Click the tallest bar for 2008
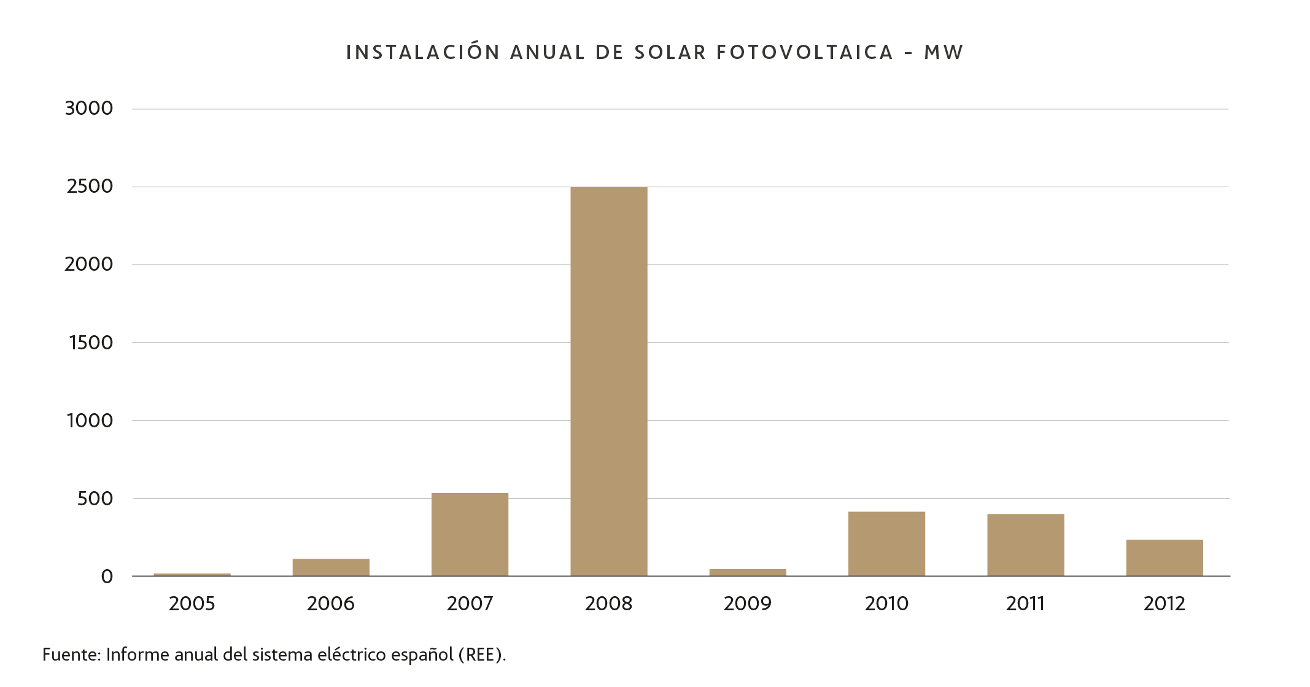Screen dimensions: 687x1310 (608, 381)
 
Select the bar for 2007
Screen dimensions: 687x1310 (470, 534)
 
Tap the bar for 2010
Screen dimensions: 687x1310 (886, 543)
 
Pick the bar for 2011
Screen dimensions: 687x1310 (1025, 545)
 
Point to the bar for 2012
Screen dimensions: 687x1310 (1164, 557)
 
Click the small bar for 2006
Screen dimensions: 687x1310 (331, 567)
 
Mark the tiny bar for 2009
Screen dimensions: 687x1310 (748, 573)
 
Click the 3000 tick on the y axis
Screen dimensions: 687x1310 (89, 109)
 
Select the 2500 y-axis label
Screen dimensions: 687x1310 (90, 187)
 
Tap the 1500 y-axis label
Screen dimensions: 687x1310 (91, 343)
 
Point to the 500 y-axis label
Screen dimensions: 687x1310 (95, 499)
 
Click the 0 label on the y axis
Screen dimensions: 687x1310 (107, 576)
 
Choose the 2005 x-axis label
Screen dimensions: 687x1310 (192, 604)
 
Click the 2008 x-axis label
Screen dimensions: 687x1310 (608, 604)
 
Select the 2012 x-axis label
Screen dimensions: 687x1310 (1164, 604)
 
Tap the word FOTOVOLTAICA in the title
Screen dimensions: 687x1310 (805, 53)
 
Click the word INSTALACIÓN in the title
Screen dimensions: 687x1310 (423, 53)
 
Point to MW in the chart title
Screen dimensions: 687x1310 (944, 53)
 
